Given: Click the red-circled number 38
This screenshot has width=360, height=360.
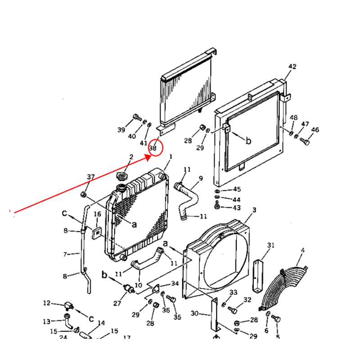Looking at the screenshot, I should [153, 147].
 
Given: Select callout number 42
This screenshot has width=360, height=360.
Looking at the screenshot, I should [292, 67].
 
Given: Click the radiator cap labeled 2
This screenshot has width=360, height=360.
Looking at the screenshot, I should [122, 175].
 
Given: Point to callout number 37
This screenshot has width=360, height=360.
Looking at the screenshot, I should [91, 177].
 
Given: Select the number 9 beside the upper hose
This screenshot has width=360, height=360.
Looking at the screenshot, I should [201, 178].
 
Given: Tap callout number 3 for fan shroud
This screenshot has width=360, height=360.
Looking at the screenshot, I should [254, 210].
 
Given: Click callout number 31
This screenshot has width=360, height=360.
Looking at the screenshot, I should [270, 245].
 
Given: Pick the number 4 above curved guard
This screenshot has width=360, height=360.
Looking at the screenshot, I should [302, 250].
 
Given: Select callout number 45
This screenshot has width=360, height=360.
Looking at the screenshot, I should [237, 189].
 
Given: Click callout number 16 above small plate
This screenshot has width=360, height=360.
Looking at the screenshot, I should [97, 214].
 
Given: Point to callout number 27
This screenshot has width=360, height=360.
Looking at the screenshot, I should [117, 303].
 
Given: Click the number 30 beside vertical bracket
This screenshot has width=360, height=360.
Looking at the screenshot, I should [194, 313].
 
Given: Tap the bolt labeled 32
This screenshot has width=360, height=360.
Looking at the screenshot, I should [233, 309].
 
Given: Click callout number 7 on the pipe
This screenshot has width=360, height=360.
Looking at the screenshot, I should [65, 255].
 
